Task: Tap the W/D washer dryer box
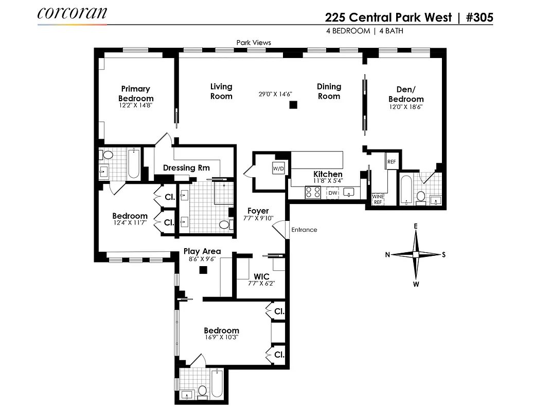click(x=278, y=167)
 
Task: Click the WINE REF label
click(x=378, y=199)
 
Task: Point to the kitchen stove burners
click(x=312, y=192)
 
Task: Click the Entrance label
click(x=304, y=230)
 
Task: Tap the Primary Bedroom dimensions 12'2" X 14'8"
click(x=136, y=105)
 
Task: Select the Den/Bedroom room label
click(x=406, y=95)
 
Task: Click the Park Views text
click(x=254, y=43)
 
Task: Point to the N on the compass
click(x=388, y=254)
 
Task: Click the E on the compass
click(x=416, y=226)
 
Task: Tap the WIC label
click(x=261, y=276)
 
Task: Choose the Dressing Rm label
click(x=186, y=167)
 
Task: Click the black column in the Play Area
click(x=203, y=270)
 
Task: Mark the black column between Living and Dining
click(x=293, y=105)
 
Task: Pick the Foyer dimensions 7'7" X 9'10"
click(x=258, y=218)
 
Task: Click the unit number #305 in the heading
click(x=479, y=17)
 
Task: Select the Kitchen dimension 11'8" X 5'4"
click(x=328, y=181)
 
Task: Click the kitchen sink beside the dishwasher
click(x=350, y=193)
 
